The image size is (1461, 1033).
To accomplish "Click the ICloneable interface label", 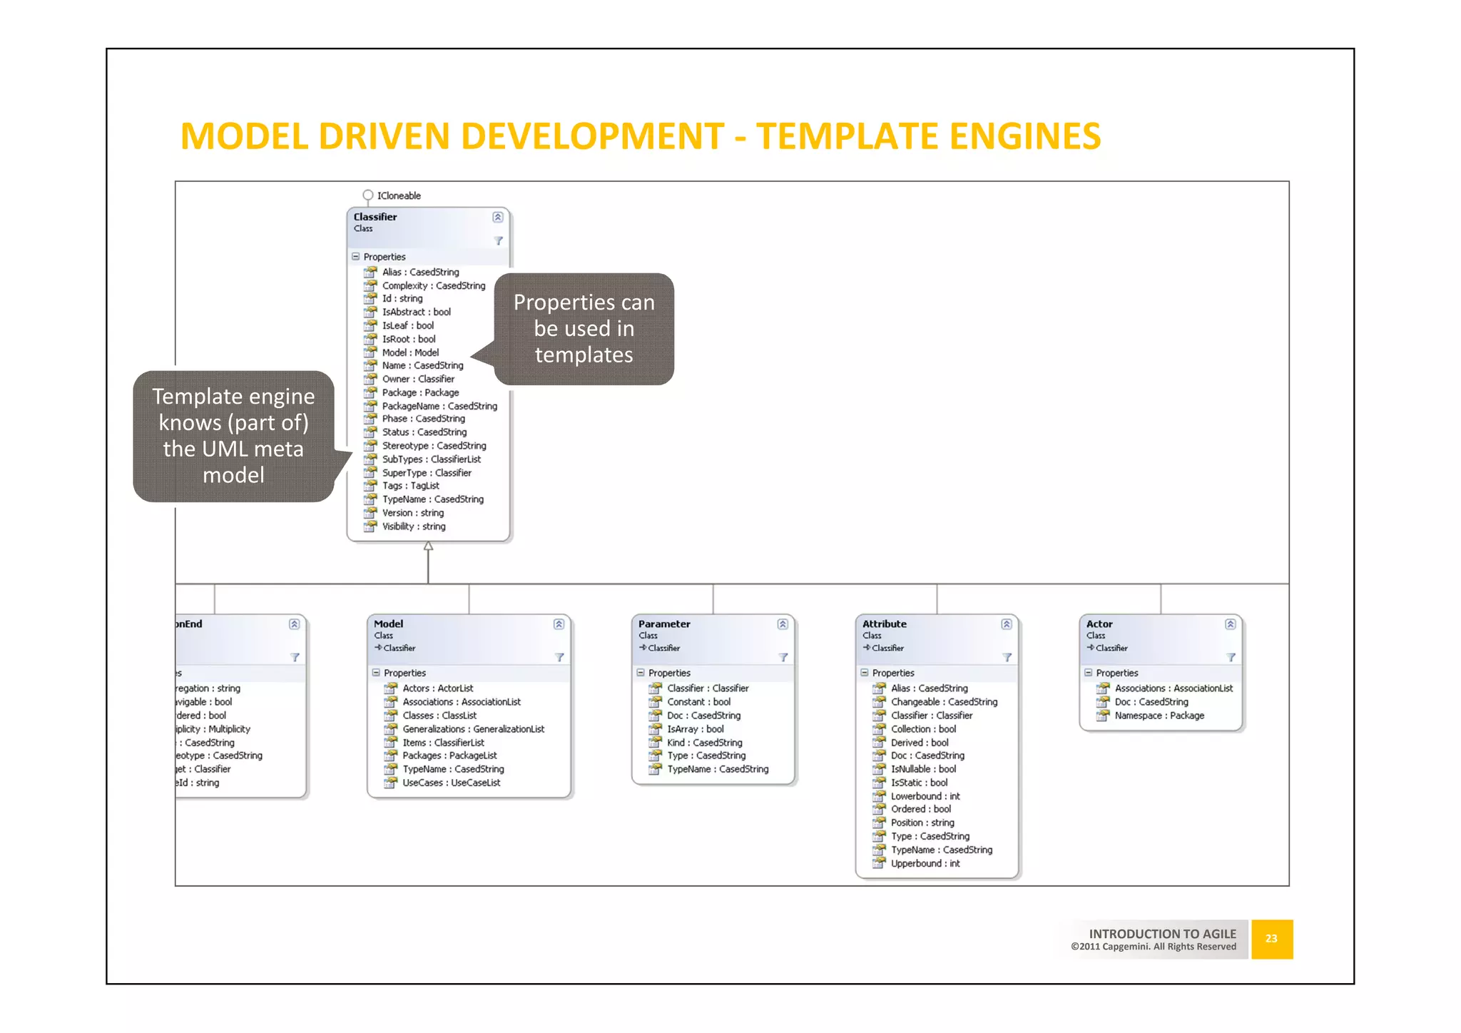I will click(398, 195).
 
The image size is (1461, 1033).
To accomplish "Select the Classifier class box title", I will click(375, 217).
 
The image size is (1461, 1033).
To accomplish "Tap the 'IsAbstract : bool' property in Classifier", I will click(416, 312).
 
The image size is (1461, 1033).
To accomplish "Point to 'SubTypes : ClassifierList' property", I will click(431, 459).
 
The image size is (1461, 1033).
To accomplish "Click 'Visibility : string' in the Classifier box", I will click(414, 526).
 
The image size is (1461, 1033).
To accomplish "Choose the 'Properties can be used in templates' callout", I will click(584, 329).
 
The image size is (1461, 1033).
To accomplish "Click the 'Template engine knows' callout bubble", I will click(233, 436).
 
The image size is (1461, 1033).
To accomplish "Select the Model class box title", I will click(388, 624).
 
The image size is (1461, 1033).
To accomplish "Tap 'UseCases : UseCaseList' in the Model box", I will click(451, 783).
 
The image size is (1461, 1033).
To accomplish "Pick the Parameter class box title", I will click(664, 624).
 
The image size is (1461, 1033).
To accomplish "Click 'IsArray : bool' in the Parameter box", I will click(695, 729).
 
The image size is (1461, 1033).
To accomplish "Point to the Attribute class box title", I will click(884, 624).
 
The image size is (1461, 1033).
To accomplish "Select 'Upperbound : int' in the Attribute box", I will click(925, 863).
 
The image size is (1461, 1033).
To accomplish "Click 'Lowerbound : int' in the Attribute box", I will click(925, 796).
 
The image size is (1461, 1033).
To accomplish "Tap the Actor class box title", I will click(1099, 624).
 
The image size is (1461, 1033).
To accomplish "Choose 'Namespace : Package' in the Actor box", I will click(1159, 716).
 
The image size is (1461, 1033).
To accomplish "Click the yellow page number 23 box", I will click(1271, 939).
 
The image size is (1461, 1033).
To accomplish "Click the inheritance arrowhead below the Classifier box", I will click(428, 546).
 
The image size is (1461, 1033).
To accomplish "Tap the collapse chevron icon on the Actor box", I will click(1230, 624).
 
